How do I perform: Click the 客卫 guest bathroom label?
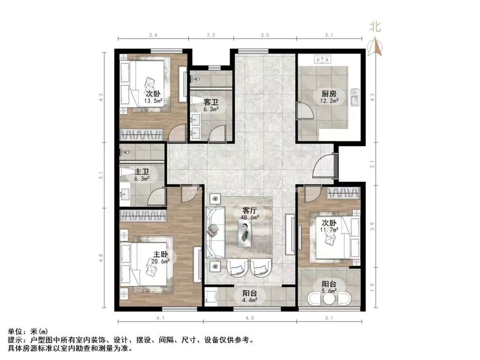210,102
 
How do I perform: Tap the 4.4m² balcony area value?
249,301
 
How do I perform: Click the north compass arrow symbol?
375,45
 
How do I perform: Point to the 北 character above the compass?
375,27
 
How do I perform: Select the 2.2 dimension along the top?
211,35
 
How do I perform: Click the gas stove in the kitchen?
323,60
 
